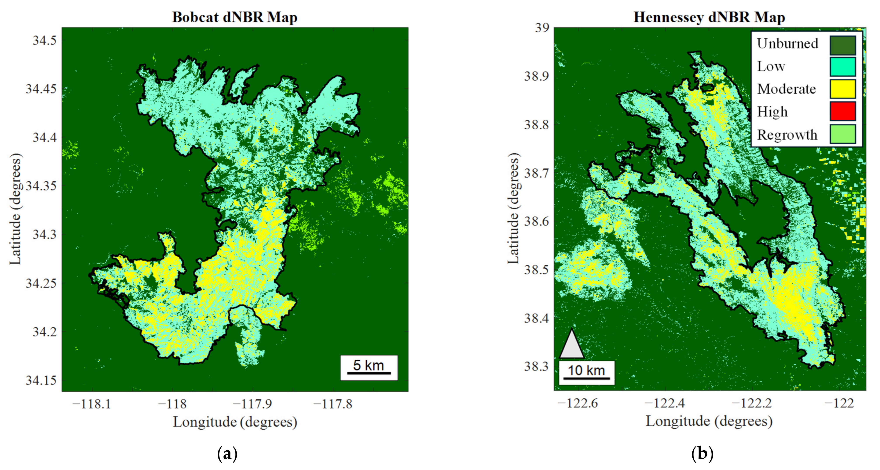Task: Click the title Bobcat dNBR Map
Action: click(235, 17)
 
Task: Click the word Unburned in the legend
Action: click(787, 44)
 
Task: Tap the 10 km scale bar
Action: click(586, 373)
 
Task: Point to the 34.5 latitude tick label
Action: click(44, 40)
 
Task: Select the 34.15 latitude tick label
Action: click(41, 380)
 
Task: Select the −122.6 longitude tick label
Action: click(578, 403)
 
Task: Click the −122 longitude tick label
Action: click(839, 403)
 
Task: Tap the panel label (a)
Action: click(227, 454)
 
